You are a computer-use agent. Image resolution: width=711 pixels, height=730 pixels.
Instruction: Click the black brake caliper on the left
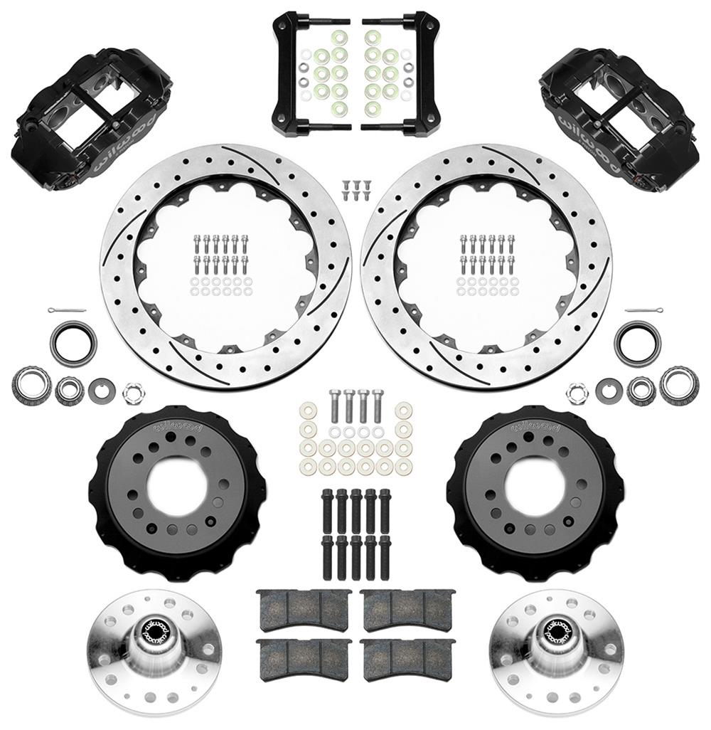89,117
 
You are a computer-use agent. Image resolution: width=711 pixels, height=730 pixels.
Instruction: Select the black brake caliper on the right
622,117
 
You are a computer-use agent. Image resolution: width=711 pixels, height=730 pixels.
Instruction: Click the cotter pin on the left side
68,311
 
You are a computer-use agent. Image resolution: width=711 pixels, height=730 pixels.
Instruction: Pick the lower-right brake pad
407,660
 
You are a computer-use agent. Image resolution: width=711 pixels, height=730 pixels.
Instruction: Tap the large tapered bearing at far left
31,385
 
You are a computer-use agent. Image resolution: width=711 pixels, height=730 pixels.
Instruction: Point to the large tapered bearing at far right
679,385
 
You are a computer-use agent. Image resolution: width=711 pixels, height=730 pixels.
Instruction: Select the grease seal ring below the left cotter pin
73,342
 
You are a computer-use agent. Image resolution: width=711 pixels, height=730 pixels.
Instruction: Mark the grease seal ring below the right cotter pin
637,342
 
